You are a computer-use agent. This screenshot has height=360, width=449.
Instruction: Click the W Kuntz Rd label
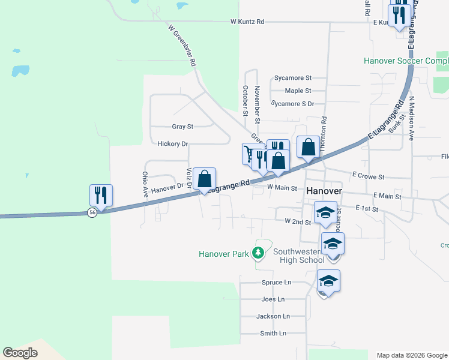[247, 22]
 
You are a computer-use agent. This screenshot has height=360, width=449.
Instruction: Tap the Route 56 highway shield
[92, 213]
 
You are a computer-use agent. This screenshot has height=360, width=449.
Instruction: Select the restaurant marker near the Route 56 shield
[101, 196]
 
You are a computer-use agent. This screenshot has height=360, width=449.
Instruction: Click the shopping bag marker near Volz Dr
[204, 179]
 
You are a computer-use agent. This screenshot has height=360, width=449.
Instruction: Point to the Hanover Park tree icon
[258, 253]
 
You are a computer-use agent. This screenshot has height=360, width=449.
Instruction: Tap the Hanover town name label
[325, 190]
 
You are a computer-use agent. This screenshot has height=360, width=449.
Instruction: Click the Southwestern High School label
[299, 256]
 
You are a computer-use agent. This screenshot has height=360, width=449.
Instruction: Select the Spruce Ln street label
[276, 282]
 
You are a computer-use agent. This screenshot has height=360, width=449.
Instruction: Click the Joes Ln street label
[273, 299]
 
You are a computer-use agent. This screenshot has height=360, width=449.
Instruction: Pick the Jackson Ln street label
[273, 316]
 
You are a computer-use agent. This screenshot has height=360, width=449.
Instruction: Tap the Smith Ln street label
[273, 333]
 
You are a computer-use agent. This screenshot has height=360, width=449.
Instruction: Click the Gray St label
[182, 127]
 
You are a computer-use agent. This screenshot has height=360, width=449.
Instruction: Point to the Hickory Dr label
[172, 144]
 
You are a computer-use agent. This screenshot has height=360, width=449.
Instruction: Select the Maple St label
[298, 91]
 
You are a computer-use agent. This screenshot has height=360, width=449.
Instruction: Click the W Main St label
[282, 188]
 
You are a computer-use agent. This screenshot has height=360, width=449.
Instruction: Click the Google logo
[20, 353]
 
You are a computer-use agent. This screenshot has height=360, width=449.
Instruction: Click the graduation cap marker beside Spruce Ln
[328, 281]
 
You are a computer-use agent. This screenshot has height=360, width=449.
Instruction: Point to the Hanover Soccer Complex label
[406, 61]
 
